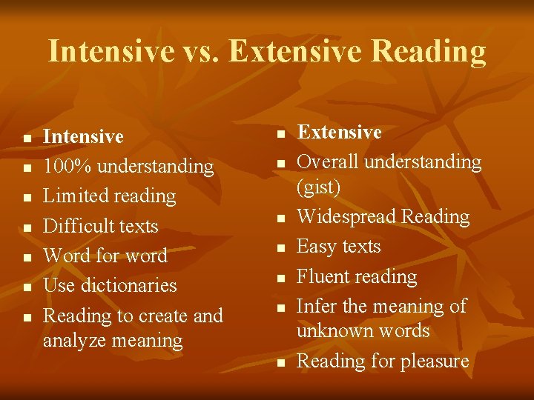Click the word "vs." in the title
coord(200,52)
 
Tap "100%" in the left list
coord(67,167)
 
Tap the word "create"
coord(160,316)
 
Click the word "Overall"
coord(328,161)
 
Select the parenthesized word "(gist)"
coord(318,187)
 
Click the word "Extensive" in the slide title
coord(296,52)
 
